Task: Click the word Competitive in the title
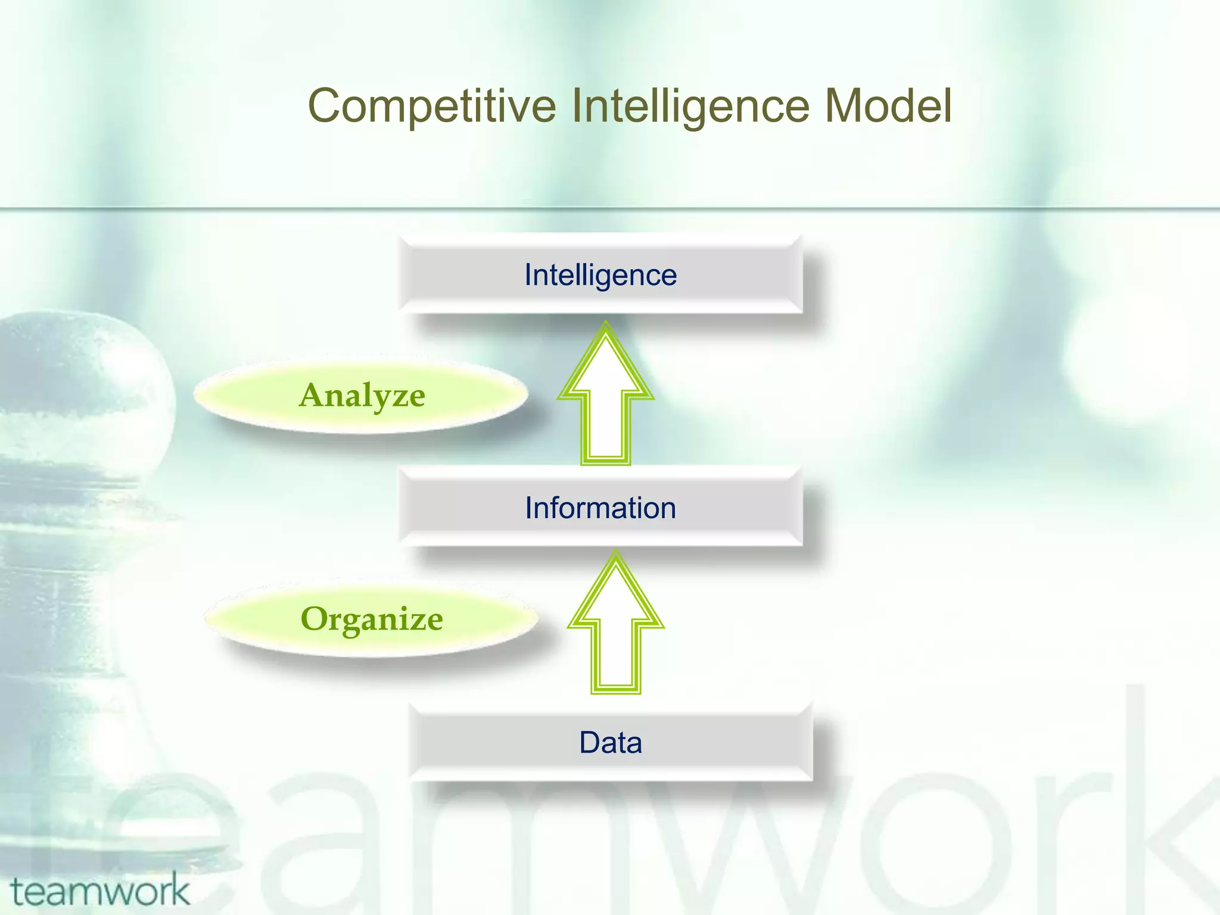click(x=432, y=106)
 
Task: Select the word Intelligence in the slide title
click(x=690, y=106)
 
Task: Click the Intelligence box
click(x=600, y=275)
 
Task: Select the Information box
click(x=600, y=508)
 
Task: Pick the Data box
click(x=611, y=742)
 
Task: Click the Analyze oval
click(x=362, y=396)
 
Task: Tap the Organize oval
click(x=371, y=619)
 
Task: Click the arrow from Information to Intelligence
click(x=606, y=405)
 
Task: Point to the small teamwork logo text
click(x=100, y=891)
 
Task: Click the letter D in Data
click(x=590, y=743)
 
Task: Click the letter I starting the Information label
click(x=528, y=508)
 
